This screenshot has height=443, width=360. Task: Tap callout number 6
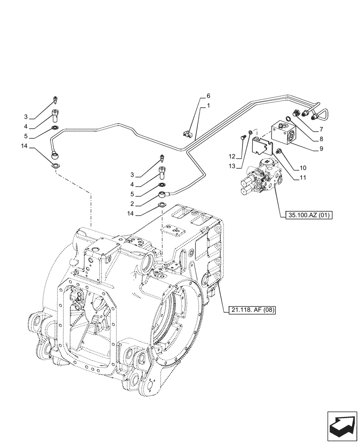(208, 96)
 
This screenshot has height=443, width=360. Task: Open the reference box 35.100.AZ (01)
(307, 216)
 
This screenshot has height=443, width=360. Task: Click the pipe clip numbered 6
(187, 132)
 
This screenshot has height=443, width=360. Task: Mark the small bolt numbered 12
(242, 138)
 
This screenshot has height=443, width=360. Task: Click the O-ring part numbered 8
(289, 118)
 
